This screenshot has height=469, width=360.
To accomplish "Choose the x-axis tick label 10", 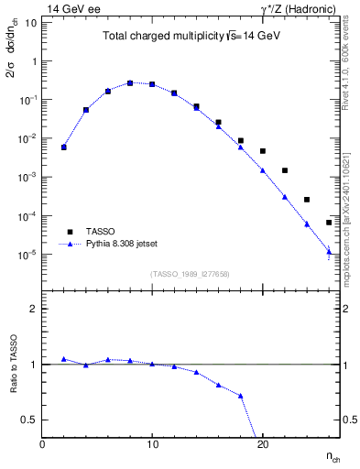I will click(152, 443).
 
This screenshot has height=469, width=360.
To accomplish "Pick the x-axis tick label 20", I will click(262, 443).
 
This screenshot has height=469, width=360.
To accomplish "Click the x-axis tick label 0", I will click(42, 443).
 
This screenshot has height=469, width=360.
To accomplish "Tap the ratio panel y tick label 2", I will click(33, 309).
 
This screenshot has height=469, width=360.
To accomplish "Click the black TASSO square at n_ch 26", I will click(329, 223).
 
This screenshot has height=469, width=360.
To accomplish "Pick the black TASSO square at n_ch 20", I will click(263, 151).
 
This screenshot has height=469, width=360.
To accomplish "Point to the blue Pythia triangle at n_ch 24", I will click(307, 224).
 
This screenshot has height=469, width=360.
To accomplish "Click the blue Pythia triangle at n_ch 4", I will click(86, 109).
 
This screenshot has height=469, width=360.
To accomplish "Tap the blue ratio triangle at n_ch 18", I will click(241, 396).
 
